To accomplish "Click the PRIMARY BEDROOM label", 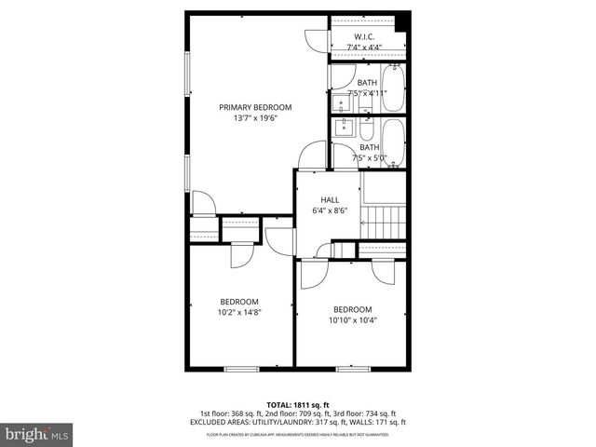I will [255, 107].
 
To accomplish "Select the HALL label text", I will [330, 199].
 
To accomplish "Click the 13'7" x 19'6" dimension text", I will [255, 118].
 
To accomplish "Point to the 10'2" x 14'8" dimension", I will [239, 313].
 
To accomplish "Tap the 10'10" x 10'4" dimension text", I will [352, 321].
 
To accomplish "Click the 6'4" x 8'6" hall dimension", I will [330, 210].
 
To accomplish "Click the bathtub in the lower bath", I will [394, 142].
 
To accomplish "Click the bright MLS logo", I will [37, 434].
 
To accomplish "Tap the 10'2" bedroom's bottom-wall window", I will [241, 369].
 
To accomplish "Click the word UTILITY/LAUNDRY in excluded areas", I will [284, 422].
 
